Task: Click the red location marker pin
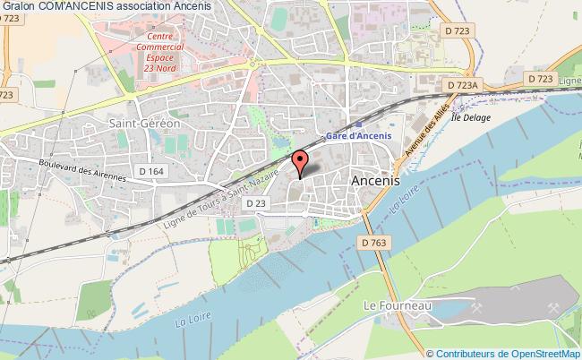tap(299, 162)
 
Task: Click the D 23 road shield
tap(255, 204)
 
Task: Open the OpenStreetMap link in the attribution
tap(542, 353)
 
